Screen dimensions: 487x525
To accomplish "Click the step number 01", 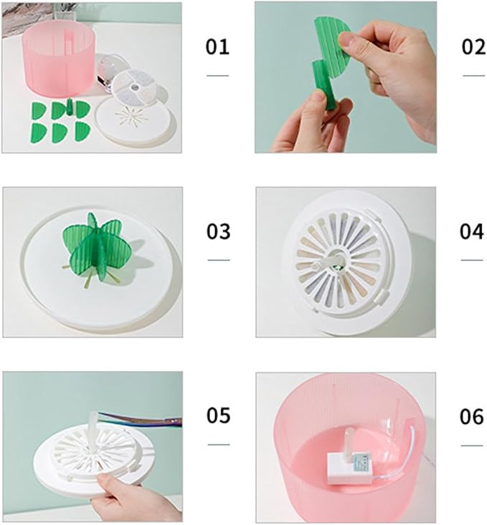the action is pos(217,47).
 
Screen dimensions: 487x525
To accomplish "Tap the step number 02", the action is pos(473,47).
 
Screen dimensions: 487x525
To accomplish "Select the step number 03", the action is pos(218,231).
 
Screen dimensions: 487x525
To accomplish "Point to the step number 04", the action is pos(471,231).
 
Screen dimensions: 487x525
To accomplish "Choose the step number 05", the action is pos(218,415).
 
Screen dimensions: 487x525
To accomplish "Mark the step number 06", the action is pos(471,417).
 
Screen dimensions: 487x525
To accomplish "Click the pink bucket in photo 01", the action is pos(58,59).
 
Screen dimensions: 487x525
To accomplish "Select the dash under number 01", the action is pos(217,76).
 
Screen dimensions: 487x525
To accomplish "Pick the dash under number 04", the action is pos(471,260).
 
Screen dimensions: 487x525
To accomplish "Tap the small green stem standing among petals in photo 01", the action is pos(70,107).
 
